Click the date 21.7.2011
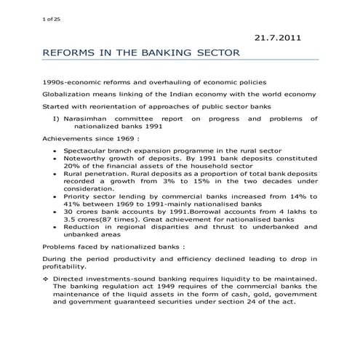click(x=276, y=36)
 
